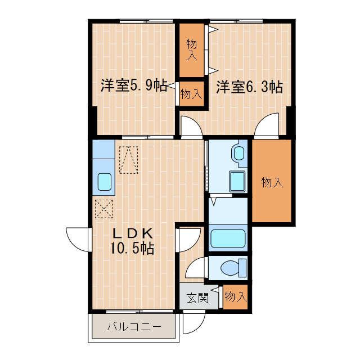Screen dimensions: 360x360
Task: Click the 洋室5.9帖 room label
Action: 133,86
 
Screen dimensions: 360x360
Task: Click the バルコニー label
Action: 133,326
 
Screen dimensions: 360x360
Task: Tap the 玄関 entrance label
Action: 197,298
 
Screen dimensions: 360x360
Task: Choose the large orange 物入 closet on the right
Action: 272,181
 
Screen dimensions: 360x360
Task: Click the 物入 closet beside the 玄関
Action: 235,296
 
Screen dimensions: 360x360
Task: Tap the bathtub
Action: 228,238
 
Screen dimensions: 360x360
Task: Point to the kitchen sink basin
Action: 105,182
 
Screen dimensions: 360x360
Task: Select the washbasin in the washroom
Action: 238,152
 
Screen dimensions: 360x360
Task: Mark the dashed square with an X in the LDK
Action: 104,209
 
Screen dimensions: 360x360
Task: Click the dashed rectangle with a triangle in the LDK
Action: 129,160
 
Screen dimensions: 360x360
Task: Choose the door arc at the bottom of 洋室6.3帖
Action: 267,127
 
